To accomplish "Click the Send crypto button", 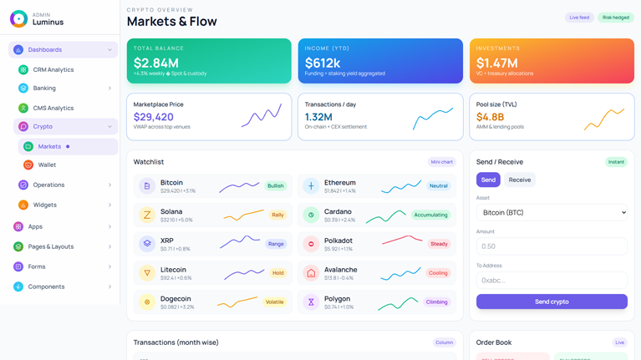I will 552,302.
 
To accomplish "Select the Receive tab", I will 519,180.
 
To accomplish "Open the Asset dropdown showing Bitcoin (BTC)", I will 552,213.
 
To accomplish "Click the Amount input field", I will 552,246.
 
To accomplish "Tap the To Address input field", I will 552,280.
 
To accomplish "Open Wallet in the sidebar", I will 47,165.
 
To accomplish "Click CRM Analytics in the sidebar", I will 53,70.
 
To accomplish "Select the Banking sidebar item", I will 44,89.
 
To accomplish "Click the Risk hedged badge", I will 616,18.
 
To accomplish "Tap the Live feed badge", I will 579,18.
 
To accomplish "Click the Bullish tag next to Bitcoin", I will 276,186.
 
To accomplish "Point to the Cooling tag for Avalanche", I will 438,273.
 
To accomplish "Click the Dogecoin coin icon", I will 147,302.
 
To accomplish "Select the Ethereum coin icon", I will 311,186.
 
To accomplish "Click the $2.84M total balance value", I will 156,63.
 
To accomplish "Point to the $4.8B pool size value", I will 490,117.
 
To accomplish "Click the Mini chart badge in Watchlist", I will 441,162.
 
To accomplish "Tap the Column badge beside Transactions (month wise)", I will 444,342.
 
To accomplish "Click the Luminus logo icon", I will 18,19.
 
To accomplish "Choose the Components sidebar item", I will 46,286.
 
